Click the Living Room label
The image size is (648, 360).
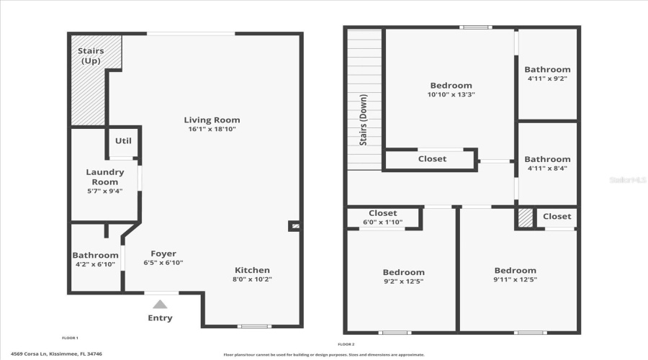pyautogui.click(x=212, y=120)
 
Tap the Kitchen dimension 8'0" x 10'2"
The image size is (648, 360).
pyautogui.click(x=251, y=279)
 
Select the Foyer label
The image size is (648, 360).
pyautogui.click(x=163, y=253)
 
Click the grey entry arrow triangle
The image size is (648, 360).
pyautogui.click(x=160, y=305)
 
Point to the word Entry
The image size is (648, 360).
pyautogui.click(x=160, y=318)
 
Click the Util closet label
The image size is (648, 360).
pyautogui.click(x=123, y=141)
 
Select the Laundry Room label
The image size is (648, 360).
pyautogui.click(x=105, y=177)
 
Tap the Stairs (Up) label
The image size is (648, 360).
pyautogui.click(x=91, y=55)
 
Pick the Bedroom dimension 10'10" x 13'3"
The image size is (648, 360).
pyautogui.click(x=451, y=94)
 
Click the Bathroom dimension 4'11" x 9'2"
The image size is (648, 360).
pyautogui.click(x=547, y=78)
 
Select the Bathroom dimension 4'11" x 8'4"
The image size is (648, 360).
pyautogui.click(x=547, y=168)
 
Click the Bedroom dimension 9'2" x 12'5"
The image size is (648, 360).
pyautogui.click(x=403, y=282)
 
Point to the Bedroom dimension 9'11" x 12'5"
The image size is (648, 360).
pyautogui.click(x=515, y=279)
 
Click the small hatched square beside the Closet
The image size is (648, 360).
pyautogui.click(x=526, y=218)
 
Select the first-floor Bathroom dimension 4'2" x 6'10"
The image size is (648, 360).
pyautogui.click(x=95, y=264)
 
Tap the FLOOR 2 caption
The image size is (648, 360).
pyautogui.click(x=346, y=344)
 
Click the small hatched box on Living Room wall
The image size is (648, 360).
pyautogui.click(x=294, y=226)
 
